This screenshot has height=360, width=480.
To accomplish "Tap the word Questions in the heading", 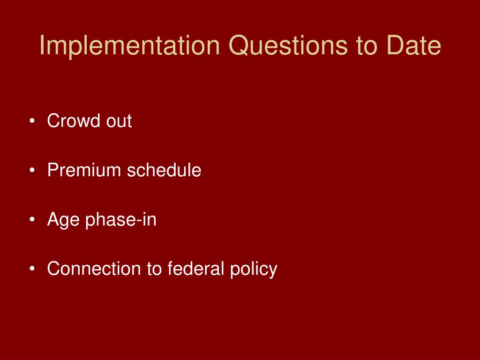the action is (288, 45).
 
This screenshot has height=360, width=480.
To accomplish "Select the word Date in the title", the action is (414, 45).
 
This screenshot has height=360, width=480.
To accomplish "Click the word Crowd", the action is (74, 120).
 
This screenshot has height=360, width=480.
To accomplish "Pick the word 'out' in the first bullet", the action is (119, 121).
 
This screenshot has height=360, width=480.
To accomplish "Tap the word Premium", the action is (84, 170).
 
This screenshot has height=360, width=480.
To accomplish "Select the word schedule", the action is (164, 170).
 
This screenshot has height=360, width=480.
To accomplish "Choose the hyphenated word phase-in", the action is (120, 220).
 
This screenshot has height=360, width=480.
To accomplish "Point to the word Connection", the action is (94, 269).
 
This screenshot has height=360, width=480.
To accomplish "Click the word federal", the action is (195, 269).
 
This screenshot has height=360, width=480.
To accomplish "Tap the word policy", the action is (254, 270).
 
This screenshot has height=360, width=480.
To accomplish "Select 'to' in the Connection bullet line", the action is (154, 270).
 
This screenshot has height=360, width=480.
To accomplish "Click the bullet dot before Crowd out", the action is (32, 121).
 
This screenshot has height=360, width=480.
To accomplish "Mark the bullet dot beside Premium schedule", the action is (32, 170).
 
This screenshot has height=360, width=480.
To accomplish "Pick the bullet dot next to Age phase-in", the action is (32, 219).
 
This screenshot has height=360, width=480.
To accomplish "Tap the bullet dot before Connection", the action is (32, 269).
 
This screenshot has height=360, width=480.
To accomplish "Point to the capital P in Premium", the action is (53, 170).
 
